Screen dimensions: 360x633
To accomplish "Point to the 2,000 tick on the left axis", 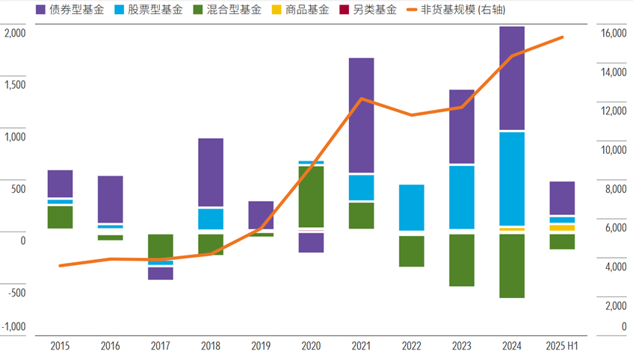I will (15, 34).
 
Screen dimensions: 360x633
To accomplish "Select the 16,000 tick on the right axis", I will (613, 34).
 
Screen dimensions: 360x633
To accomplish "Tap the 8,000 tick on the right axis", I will (613, 190).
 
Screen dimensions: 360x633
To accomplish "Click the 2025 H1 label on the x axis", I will (561, 347).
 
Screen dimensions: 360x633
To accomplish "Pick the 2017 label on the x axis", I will (160, 347).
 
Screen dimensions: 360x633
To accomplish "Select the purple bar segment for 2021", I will (361, 115).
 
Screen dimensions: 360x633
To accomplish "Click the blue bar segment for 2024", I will (512, 179).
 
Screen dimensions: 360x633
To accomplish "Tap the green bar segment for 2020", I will (311, 196).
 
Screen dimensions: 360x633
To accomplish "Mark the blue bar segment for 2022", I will (411, 207).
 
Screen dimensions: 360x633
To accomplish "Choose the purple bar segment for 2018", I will (211, 172).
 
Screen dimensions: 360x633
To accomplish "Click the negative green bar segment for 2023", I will (461, 260).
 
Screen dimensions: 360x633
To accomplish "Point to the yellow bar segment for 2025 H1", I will (561, 228).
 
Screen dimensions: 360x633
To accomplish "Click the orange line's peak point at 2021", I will (361, 99).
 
